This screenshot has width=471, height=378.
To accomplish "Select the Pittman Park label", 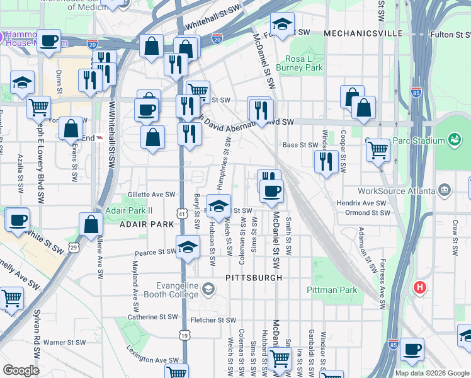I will click(x=332, y=290).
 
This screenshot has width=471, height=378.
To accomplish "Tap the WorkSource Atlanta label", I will click(x=395, y=190).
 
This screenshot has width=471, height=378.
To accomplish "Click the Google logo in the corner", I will click(x=21, y=370).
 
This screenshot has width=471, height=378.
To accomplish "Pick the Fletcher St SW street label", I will click(x=218, y=319).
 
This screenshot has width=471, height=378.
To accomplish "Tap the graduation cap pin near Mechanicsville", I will click(x=283, y=25).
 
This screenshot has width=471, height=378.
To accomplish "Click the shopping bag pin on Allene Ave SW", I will click(x=91, y=224).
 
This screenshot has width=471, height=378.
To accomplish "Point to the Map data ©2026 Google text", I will click(x=431, y=373).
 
